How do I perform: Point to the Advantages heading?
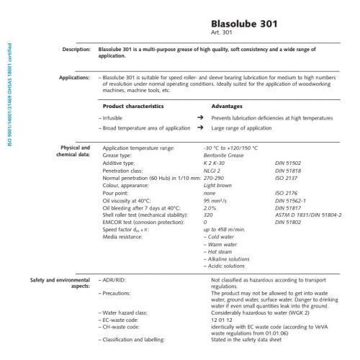228,106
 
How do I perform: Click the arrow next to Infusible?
199,117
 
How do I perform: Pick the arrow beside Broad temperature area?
199,127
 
